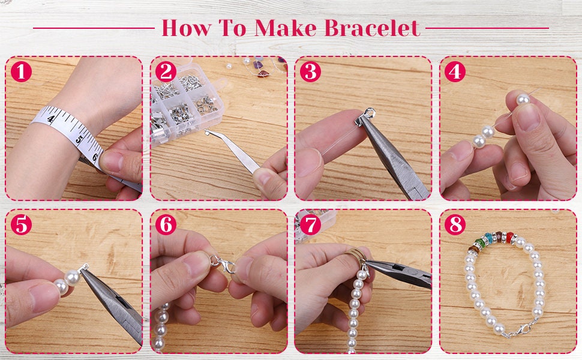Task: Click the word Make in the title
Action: [287, 28]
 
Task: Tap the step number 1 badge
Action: [22, 72]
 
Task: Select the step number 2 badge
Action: [166, 72]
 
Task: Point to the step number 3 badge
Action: [310, 72]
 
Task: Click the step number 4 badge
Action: [455, 72]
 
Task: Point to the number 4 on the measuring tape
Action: [52, 119]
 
